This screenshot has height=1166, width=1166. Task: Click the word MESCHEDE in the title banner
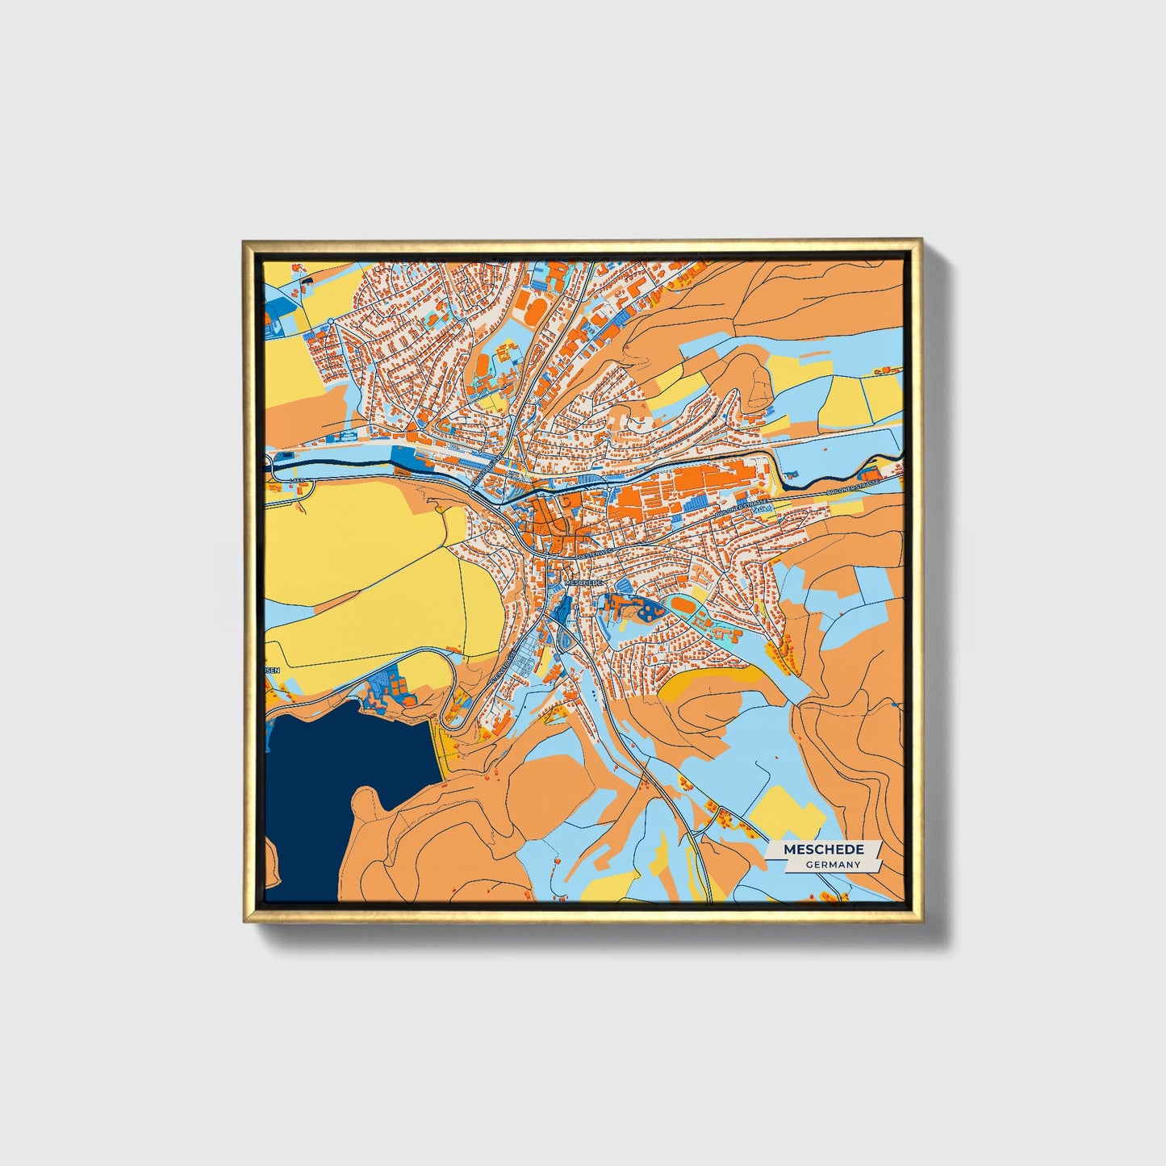tap(823, 850)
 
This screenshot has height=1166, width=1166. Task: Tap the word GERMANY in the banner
tap(832, 865)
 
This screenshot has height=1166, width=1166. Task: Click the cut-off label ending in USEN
tap(271, 670)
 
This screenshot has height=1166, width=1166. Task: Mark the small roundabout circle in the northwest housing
tap(331, 322)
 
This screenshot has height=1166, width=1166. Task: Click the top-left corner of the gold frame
tap(244, 240)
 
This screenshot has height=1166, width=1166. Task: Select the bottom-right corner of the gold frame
tap(922, 922)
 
